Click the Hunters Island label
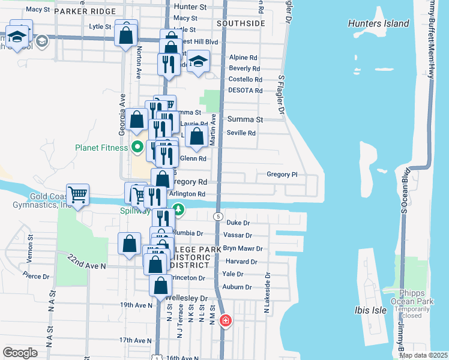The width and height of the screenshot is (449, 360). tap(379, 24)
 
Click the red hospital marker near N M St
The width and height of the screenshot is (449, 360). tap(226, 321)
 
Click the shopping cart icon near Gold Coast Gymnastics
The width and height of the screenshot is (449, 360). tap(77, 195)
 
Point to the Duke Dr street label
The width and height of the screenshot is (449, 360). tap(238, 223)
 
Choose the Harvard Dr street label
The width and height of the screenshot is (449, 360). tap(241, 262)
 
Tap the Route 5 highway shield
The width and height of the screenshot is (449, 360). tap(219, 216)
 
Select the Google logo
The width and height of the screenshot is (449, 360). tap(20, 353)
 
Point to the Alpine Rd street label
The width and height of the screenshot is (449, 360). tap(243, 58)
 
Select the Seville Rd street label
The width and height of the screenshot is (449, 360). tap(241, 133)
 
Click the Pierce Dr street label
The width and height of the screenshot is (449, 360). tap(36, 277)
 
